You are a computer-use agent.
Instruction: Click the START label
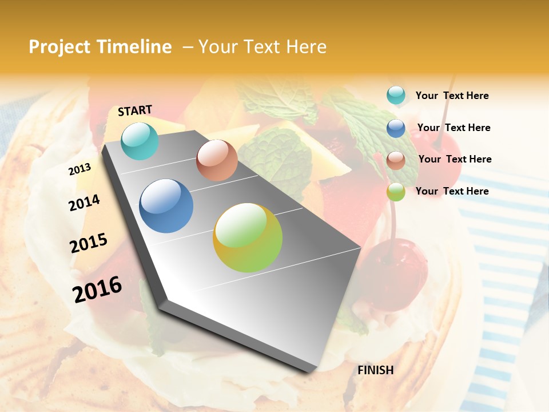(135, 110)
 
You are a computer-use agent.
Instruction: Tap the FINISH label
(375, 370)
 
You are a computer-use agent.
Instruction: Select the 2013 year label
(79, 169)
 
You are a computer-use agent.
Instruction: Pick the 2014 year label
(84, 203)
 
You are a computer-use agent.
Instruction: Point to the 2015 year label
(88, 243)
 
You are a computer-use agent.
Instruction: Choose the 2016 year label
(97, 289)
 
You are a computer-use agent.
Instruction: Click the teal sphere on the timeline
(140, 141)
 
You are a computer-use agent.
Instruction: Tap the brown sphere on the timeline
(217, 160)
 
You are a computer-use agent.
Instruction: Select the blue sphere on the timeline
(166, 206)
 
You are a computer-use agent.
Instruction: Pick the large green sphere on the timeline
(248, 237)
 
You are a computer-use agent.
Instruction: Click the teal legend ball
(396, 96)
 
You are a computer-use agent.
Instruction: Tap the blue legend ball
(396, 128)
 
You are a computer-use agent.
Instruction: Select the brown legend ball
(396, 160)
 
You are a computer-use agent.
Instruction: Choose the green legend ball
(396, 192)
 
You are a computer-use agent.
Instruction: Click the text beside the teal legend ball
(452, 96)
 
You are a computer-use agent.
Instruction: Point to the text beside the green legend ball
(452, 191)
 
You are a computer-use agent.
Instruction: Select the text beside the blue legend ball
(453, 128)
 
